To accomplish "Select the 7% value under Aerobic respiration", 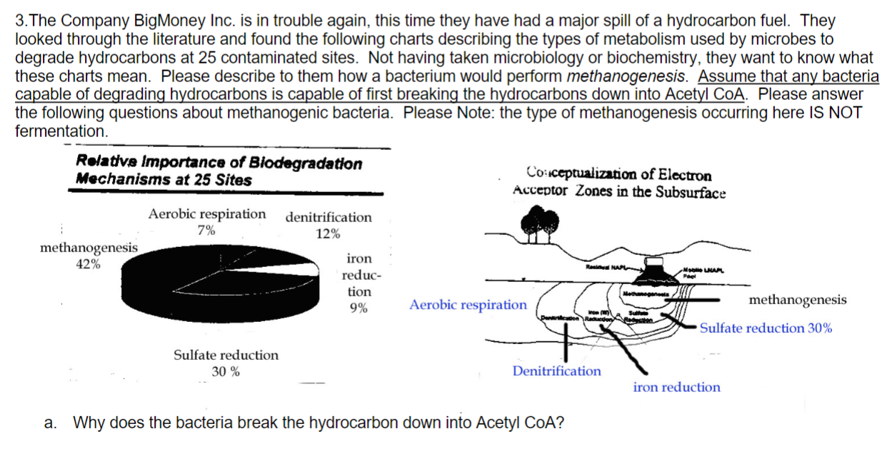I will coord(207,230).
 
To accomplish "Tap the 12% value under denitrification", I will coord(328,233).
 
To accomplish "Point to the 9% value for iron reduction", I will coord(359,308).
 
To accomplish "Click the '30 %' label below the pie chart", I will coord(226,371).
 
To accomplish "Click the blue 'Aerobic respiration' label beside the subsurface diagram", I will coord(468,306).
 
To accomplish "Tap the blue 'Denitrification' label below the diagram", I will coord(556,371).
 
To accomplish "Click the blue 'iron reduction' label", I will coord(676,388).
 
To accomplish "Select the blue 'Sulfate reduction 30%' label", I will coord(765,328).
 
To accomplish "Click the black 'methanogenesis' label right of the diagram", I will coord(798,300).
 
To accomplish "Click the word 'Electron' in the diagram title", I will coord(686,175).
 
